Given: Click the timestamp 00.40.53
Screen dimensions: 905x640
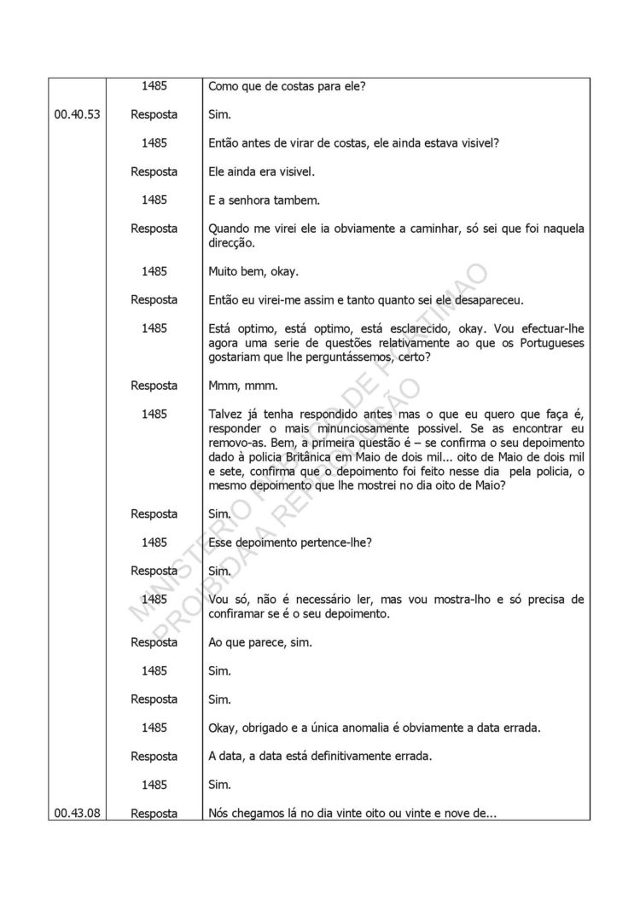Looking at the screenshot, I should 77,114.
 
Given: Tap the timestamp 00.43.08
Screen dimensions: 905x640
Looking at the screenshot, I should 77,814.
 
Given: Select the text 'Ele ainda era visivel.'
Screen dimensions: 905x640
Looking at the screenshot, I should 262,171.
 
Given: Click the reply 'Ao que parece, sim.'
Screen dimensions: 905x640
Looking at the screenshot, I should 260,642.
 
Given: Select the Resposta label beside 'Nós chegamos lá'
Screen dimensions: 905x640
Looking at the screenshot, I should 154,814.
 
